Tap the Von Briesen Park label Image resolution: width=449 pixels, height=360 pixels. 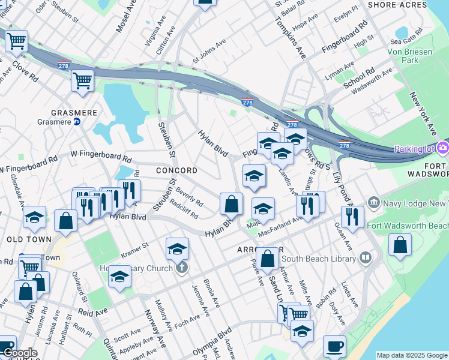pos(417,56)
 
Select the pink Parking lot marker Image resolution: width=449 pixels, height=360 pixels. pos(443,148)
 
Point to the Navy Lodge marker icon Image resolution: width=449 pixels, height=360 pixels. pos(373,202)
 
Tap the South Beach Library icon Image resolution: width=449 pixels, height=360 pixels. pos(366,259)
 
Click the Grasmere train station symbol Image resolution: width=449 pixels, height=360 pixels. pos(77,121)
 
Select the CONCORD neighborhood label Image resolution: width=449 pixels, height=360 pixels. pos(176,170)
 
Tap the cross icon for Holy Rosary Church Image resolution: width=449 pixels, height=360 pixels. pos(182,268)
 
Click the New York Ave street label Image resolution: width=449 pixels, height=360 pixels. pos(423,113)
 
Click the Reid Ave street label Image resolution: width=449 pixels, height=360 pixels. pos(92,312)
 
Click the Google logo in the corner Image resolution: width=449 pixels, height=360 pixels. pos(20,353)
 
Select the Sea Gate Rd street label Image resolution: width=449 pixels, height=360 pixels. pos(403,41)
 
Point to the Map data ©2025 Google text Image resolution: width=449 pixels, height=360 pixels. pos(412,355)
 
